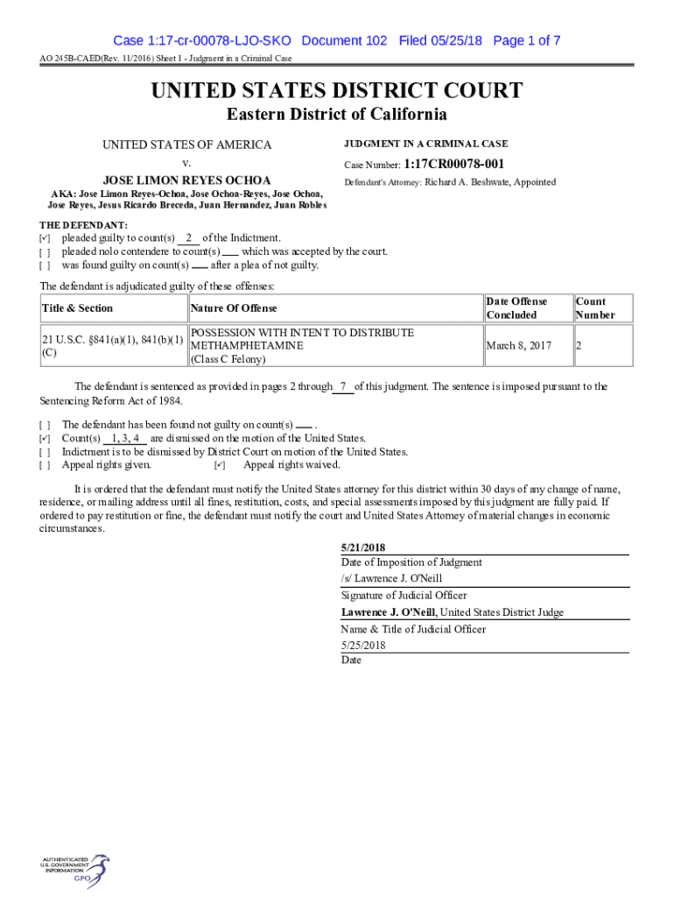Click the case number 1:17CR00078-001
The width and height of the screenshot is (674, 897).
tap(454, 164)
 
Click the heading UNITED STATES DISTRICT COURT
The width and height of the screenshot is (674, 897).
tap(337, 90)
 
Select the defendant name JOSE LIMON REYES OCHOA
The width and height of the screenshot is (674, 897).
tap(186, 180)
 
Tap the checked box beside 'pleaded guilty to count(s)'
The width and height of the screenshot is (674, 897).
tap(45, 238)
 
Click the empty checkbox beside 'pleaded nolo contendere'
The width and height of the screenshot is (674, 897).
tap(45, 252)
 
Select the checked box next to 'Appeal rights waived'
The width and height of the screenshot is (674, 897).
tap(220, 465)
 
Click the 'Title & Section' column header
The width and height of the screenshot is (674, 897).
tap(77, 308)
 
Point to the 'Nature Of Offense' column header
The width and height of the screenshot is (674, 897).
tap(234, 308)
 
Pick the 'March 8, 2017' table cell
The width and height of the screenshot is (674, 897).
tap(519, 346)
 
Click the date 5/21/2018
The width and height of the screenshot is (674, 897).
tap(363, 547)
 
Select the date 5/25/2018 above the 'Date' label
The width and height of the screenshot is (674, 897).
tap(363, 646)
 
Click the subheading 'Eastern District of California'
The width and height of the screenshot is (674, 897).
tap(337, 115)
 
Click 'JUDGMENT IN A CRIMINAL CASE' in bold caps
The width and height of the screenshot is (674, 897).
tap(426, 144)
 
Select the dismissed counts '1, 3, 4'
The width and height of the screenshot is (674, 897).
tap(125, 438)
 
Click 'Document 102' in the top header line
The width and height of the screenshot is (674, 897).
tap(345, 40)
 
